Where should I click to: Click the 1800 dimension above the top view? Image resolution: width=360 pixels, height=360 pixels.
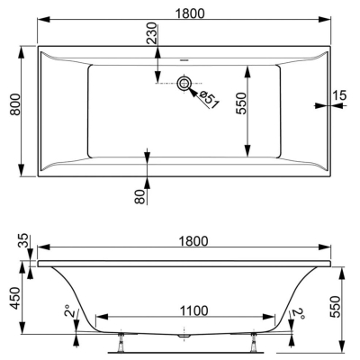tap(191, 13)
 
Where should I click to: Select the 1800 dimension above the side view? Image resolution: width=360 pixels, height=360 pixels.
tap(193, 241)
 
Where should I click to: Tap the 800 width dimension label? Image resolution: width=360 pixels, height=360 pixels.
tap(15, 104)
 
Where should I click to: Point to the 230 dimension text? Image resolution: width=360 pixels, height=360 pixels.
tap(152, 33)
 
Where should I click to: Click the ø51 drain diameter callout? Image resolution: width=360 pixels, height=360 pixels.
tap(208, 99)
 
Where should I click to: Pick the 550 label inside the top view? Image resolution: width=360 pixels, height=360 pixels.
tap(241, 103)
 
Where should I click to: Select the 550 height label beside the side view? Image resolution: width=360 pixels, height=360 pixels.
tap(336, 307)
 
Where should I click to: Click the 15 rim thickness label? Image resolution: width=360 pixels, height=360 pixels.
tap(339, 95)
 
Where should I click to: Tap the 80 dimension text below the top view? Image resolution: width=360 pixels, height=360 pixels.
tap(140, 197)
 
